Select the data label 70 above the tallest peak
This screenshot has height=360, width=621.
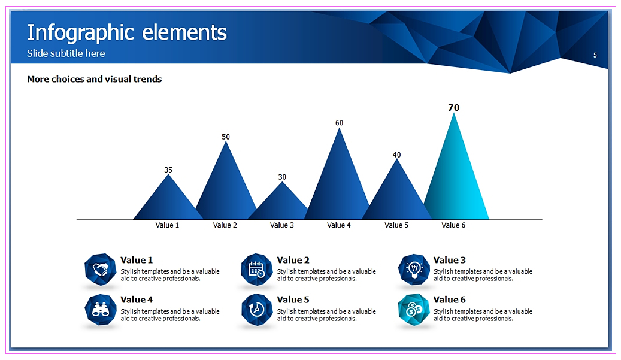pos(453,108)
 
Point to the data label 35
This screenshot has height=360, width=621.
pos(168,170)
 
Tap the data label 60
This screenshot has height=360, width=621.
pos(340,123)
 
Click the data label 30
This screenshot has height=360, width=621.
pos(282,177)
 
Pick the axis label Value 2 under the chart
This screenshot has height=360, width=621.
pos(225,225)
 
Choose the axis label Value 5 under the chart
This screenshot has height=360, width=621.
pos(396,225)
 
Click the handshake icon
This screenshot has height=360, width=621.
pos(101,270)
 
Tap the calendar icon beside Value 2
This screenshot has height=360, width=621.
pos(257,270)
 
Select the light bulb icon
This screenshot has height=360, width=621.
pos(414,270)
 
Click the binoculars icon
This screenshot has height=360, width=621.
pos(101,310)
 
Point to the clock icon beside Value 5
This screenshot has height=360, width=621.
pos(257,310)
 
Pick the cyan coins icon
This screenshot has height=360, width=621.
pos(414,310)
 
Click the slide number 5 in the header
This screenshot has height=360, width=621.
pos(595,55)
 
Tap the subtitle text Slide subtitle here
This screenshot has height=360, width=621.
pos(66,53)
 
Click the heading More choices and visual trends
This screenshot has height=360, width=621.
pos(94,79)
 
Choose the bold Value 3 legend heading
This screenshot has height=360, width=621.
pos(450,260)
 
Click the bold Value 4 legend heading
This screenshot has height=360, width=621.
pos(137,300)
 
